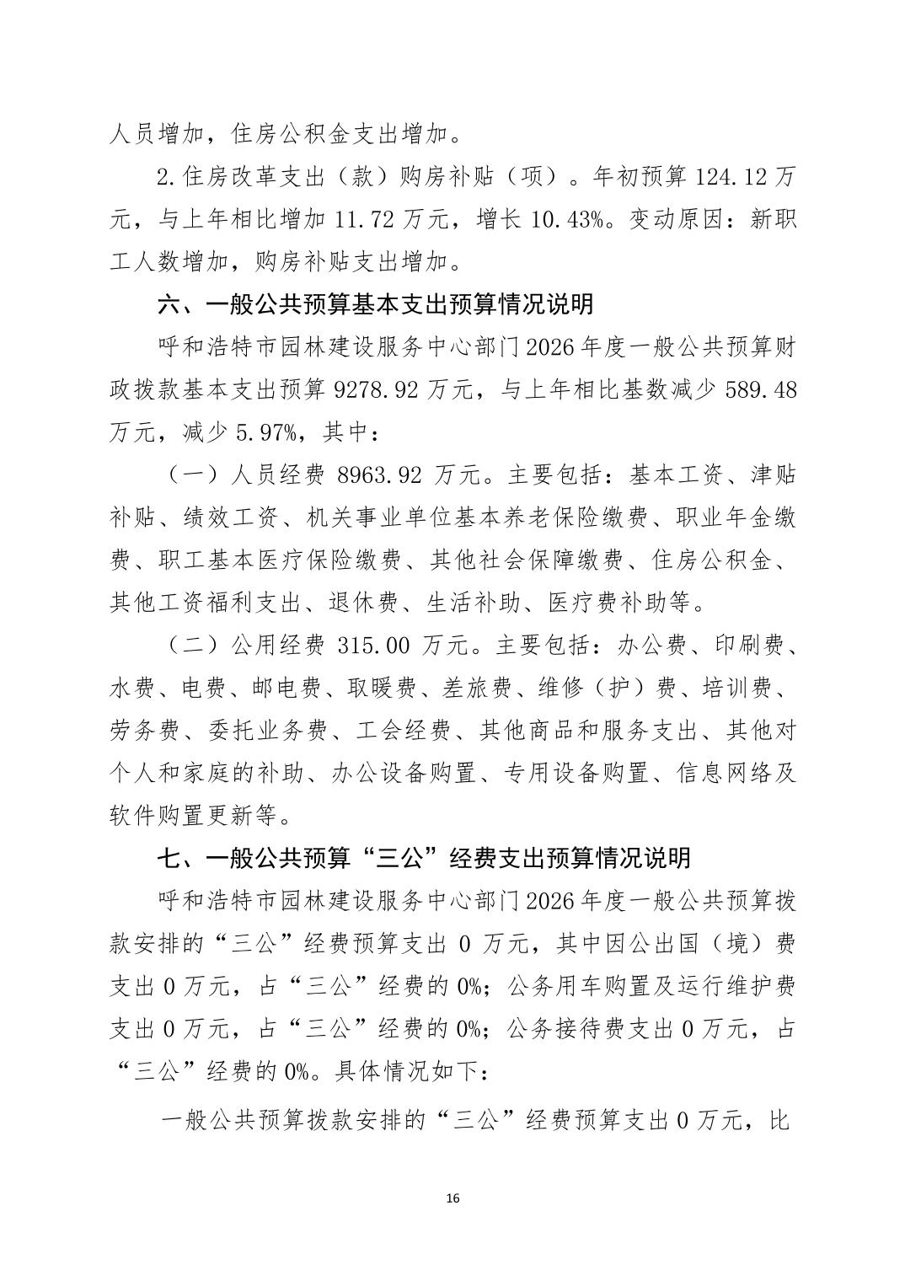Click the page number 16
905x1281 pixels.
(x=452, y=1198)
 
